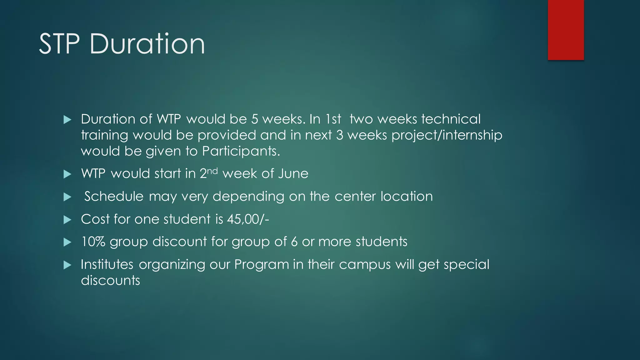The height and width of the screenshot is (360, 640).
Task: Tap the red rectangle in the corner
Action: point(566,30)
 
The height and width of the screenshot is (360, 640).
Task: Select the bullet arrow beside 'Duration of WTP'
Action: point(67,120)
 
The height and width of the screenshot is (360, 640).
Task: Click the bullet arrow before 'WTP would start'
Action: point(67,174)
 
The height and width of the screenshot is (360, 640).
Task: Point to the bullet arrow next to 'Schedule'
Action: point(67,197)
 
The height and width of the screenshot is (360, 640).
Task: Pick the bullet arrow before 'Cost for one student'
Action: point(67,220)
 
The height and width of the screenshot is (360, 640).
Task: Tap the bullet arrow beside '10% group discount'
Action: point(67,242)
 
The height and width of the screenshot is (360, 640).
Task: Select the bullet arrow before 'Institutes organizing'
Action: point(67,265)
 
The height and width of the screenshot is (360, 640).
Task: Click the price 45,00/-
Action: point(248,219)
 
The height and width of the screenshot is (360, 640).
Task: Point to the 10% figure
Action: point(93,242)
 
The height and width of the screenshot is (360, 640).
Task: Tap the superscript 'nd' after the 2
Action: point(212,171)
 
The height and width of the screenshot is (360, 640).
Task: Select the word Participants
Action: point(241,151)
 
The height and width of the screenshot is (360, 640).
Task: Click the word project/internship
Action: point(447,135)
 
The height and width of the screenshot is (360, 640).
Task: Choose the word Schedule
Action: point(114,197)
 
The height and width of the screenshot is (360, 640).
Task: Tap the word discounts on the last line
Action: point(110,281)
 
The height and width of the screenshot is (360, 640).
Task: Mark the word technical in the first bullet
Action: point(451,119)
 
